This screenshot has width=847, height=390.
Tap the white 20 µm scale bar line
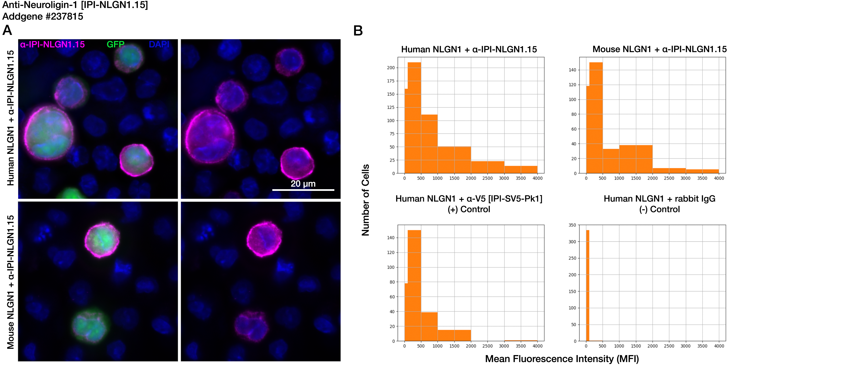(303, 190)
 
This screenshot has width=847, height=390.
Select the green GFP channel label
(115, 44)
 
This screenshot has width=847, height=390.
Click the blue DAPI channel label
(159, 44)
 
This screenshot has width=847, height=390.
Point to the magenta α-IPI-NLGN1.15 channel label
(52, 44)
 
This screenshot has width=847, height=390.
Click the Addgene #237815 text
(43, 17)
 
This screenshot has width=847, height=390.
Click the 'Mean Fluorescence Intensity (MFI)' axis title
(562, 359)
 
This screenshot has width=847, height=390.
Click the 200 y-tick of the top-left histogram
(391, 68)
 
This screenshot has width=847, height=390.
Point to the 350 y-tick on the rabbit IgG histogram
(572, 225)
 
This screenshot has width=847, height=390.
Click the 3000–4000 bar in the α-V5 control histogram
(521, 341)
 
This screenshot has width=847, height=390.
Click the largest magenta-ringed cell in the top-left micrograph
(49, 135)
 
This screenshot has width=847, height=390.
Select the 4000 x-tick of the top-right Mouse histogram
(719, 178)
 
